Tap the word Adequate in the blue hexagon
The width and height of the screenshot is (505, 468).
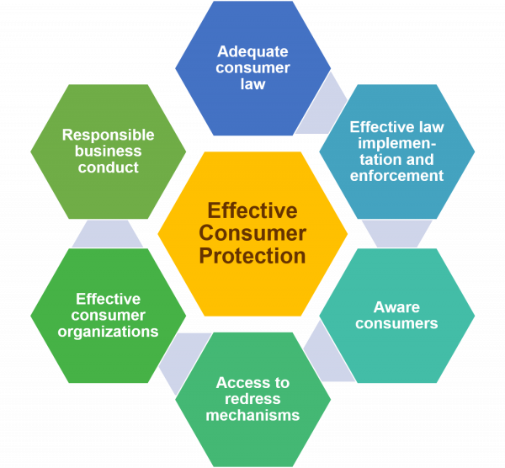[252, 51]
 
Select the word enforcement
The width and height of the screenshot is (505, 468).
[396, 175]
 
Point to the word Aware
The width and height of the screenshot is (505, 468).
[396, 306]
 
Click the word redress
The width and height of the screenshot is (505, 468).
[252, 399]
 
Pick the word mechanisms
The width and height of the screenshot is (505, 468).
[252, 415]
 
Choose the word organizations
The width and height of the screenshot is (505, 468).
[109, 332]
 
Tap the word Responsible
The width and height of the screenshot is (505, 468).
[109, 135]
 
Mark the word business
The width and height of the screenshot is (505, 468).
[109, 152]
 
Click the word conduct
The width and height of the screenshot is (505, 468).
[109, 168]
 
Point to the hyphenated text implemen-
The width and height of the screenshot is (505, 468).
[396, 143]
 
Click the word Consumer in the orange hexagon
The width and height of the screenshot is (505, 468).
[252, 232]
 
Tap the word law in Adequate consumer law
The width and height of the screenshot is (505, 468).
[252, 84]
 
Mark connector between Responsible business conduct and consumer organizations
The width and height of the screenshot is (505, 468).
[108, 234]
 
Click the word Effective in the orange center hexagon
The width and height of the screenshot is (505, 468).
[252, 210]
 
